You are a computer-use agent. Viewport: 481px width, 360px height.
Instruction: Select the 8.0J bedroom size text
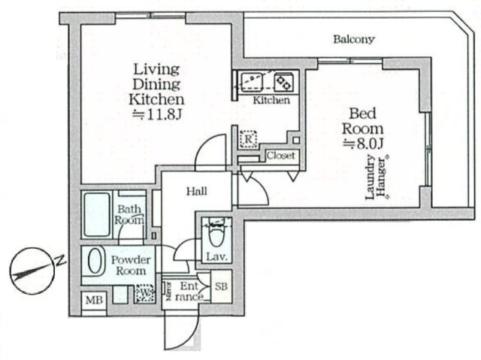click(x=366, y=143)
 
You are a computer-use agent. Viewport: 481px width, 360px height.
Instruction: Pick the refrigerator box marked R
click(x=248, y=138)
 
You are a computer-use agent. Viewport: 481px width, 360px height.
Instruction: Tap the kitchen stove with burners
click(x=283, y=80)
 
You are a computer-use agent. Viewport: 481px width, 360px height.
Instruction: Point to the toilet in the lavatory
click(x=216, y=235)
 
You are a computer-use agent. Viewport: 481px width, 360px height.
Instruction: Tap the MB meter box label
click(x=93, y=301)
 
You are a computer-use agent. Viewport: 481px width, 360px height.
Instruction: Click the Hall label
click(x=197, y=192)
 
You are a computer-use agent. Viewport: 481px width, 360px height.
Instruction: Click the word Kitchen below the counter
click(x=271, y=100)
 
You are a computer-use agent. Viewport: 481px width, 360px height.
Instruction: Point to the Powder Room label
click(x=131, y=265)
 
